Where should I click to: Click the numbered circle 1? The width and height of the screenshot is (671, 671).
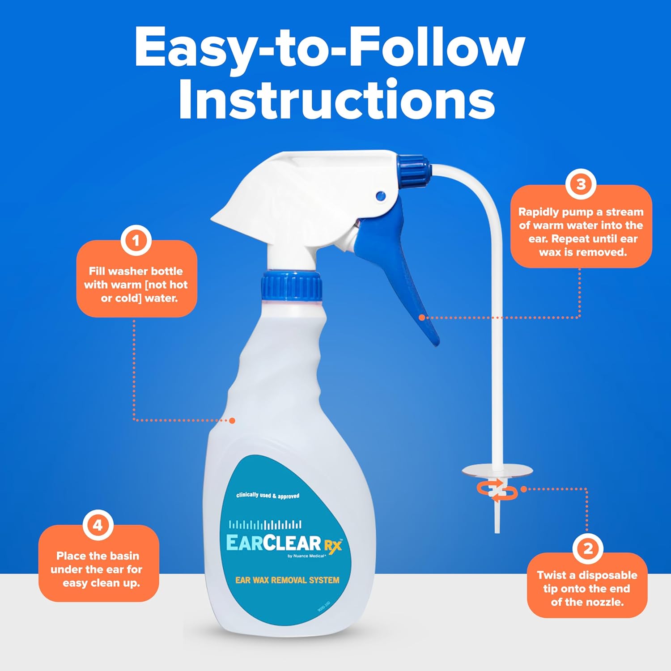pyautogui.click(x=136, y=241)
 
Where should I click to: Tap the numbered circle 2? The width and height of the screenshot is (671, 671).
pyautogui.click(x=588, y=548)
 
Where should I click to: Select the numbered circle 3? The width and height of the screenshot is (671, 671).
pyautogui.click(x=581, y=184)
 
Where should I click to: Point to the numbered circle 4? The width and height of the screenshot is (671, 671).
pyautogui.click(x=98, y=525)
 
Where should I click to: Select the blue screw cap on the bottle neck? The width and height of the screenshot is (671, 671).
pyautogui.click(x=292, y=286)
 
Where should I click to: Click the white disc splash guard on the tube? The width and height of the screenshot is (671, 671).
pyautogui.click(x=497, y=470)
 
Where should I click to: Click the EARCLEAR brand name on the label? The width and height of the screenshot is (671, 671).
pyautogui.click(x=273, y=543)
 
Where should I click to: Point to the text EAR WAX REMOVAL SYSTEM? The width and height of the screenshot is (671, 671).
pyautogui.click(x=287, y=580)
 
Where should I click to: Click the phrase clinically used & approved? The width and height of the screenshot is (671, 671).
pyautogui.click(x=268, y=496)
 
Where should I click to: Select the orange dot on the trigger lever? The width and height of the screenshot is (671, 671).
pyautogui.click(x=422, y=318)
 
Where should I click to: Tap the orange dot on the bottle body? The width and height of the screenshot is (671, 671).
pyautogui.click(x=232, y=420)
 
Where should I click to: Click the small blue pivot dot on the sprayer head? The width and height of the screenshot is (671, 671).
pyautogui.click(x=381, y=195)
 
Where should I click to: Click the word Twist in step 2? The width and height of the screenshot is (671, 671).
pyautogui.click(x=551, y=575)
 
